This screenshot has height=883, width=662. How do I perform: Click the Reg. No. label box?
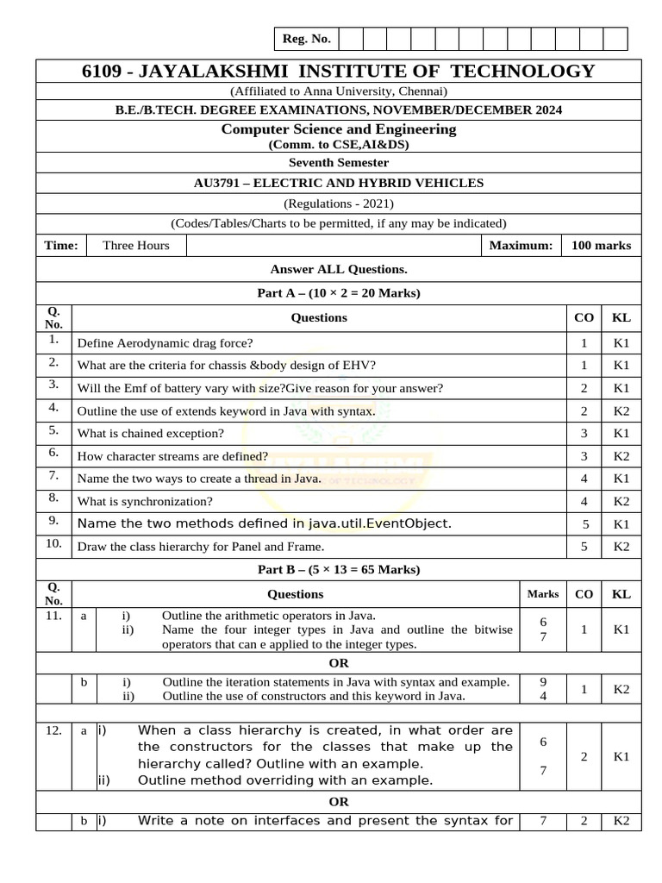(x=307, y=39)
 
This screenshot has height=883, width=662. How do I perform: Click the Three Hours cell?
(x=135, y=246)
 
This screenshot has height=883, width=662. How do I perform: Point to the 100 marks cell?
(x=601, y=246)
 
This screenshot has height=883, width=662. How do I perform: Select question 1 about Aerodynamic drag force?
(x=159, y=342)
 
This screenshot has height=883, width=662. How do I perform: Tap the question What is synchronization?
(x=145, y=501)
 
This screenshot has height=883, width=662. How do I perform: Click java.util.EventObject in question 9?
(x=379, y=523)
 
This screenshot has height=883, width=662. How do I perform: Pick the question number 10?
(x=53, y=544)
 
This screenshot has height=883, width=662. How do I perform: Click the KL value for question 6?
(x=621, y=456)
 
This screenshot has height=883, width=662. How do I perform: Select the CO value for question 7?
(x=584, y=479)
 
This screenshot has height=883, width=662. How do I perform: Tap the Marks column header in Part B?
(x=542, y=594)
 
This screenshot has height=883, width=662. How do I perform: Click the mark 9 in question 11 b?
(x=542, y=681)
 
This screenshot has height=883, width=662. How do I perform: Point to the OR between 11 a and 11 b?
(x=338, y=662)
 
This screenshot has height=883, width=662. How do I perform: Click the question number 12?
(x=53, y=730)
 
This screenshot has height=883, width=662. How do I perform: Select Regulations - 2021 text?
(x=338, y=204)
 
